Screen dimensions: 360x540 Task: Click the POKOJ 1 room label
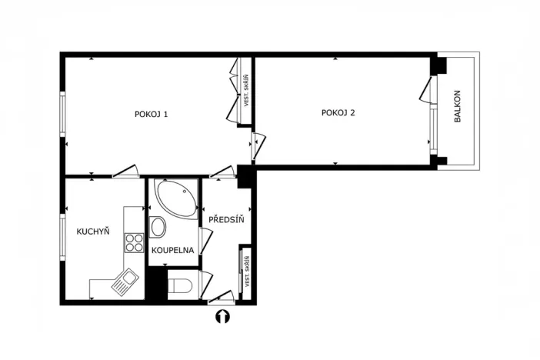pyautogui.click(x=151, y=114)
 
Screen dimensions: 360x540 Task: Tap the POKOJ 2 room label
pyautogui.click(x=338, y=113)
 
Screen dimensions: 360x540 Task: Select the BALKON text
pyautogui.click(x=457, y=110)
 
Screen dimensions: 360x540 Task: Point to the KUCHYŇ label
pyautogui.click(x=92, y=232)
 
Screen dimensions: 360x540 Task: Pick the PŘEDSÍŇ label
pyautogui.click(x=226, y=219)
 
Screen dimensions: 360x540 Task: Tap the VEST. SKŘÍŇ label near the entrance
pyautogui.click(x=248, y=272)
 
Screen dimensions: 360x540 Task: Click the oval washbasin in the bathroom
pyautogui.click(x=158, y=227)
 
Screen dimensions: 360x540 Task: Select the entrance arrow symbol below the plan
pyautogui.click(x=222, y=315)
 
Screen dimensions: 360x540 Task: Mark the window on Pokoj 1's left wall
pyautogui.click(x=63, y=114)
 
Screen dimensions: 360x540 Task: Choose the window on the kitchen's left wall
pyautogui.click(x=63, y=236)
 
